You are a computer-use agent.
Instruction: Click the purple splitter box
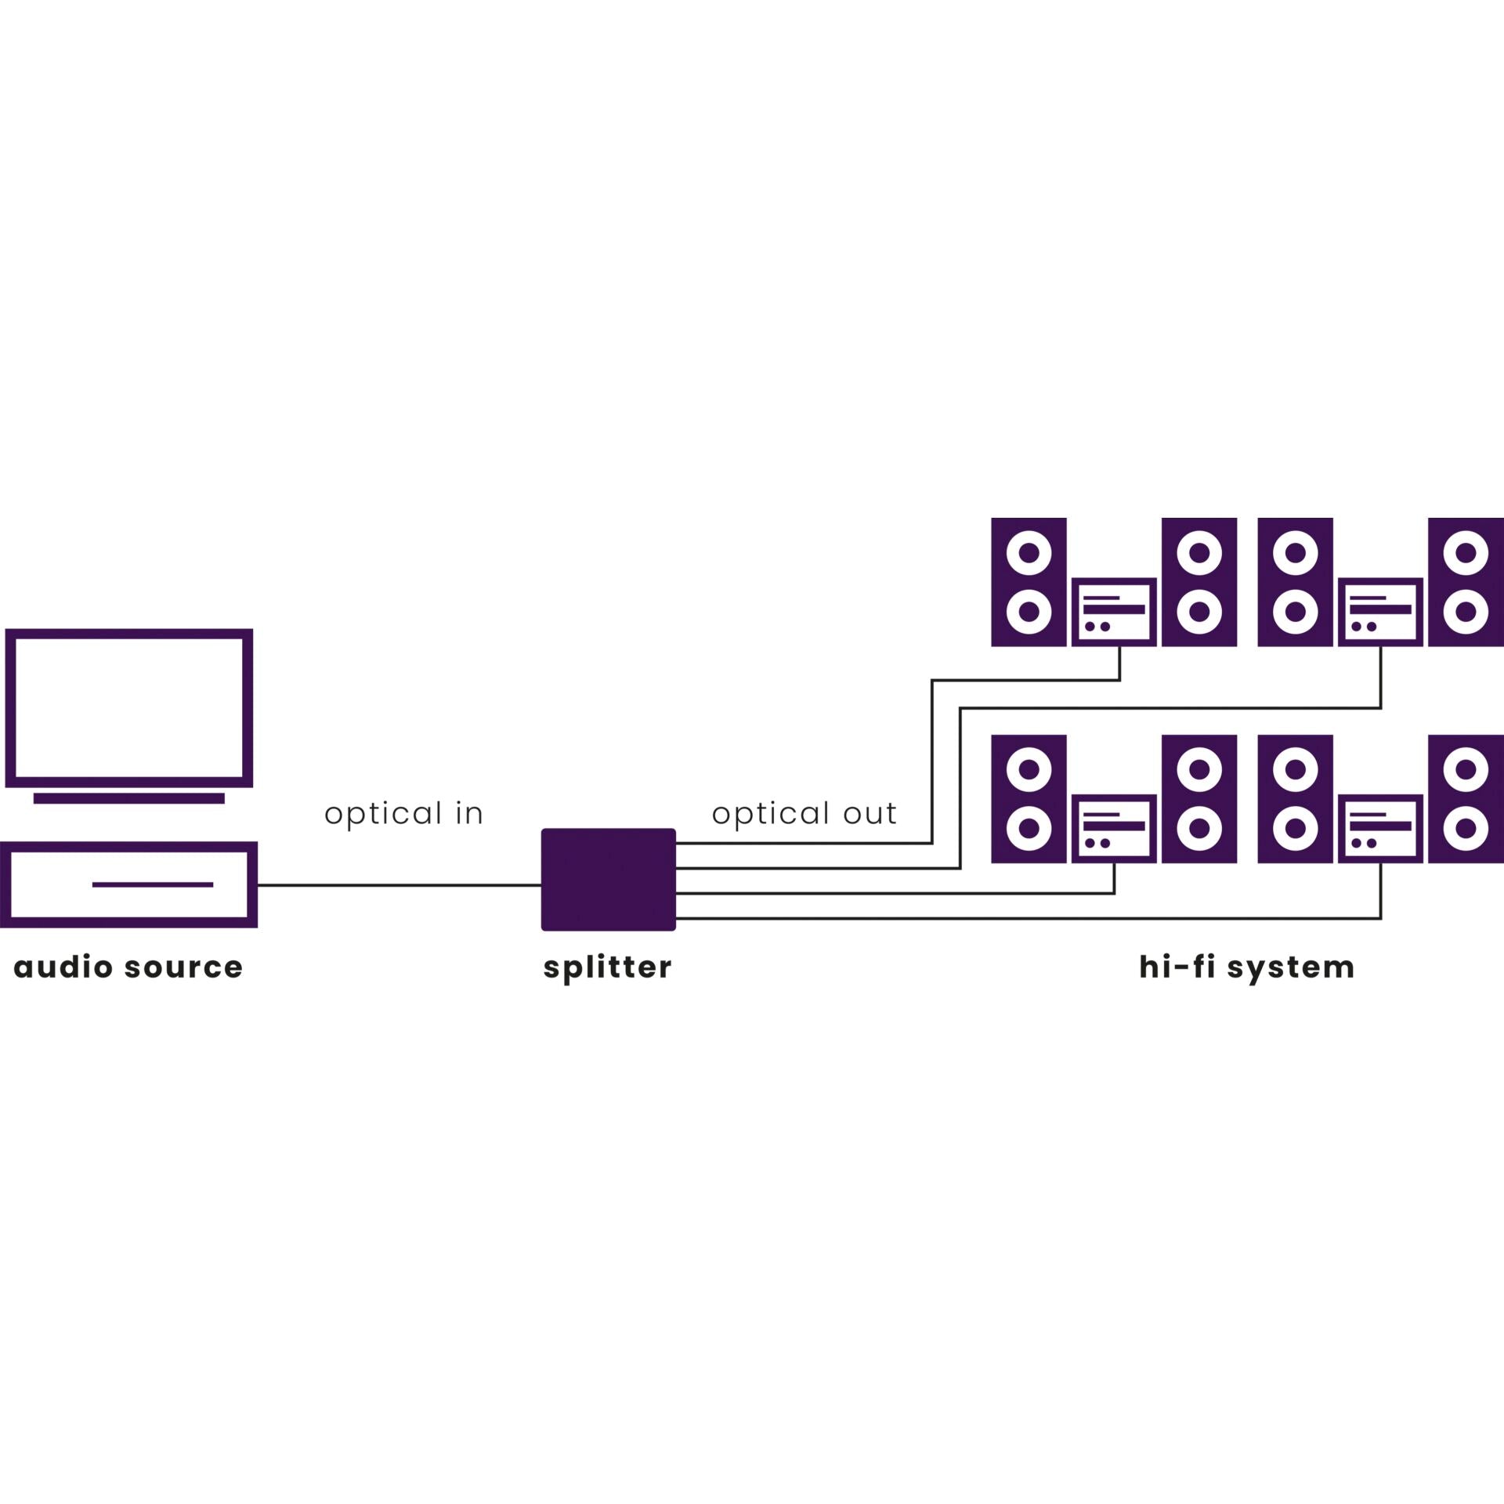pos(608,879)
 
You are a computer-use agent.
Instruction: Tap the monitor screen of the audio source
pos(129,707)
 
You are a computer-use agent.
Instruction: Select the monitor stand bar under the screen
pos(129,798)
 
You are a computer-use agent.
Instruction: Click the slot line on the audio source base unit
pos(153,884)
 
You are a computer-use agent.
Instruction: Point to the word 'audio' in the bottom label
pos(63,967)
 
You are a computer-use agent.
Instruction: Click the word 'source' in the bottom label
pos(183,967)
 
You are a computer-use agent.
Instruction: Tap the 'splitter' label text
pos(607,968)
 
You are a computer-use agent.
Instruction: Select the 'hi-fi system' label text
pos(1246,967)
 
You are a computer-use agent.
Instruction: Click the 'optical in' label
pos(403,814)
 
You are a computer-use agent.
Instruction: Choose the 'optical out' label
pos(804,814)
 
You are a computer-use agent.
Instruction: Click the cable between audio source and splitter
pos(399,885)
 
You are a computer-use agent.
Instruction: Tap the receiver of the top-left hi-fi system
pos(1113,612)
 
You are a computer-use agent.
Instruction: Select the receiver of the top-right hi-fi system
pos(1379,612)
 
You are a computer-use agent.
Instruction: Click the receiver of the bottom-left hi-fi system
pos(1113,829)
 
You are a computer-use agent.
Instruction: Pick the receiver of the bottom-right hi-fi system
pos(1379,829)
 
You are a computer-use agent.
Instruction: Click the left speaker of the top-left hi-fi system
pos(1029,582)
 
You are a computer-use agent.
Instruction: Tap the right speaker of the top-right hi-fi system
pos(1466,582)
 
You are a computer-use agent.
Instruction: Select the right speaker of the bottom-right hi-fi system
pos(1466,799)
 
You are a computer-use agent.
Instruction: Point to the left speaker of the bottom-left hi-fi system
pos(1029,799)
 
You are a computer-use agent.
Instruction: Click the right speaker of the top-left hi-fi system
pos(1199,582)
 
